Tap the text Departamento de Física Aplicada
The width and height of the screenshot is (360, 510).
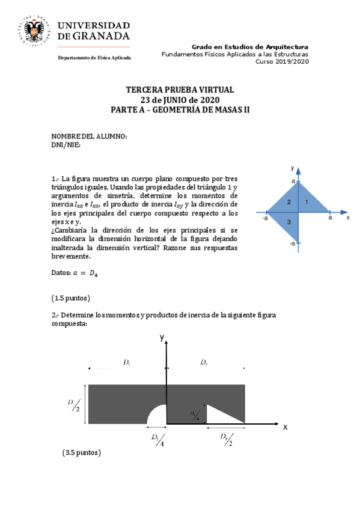(94, 58)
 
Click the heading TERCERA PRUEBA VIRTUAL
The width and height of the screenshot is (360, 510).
(180, 90)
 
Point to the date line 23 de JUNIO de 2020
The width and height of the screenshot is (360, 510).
(180, 100)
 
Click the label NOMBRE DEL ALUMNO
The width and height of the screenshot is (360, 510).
(88, 137)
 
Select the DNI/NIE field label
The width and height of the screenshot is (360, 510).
(66, 144)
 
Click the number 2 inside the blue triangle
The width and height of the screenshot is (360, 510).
(289, 202)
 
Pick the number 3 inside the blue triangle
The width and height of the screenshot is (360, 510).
(289, 223)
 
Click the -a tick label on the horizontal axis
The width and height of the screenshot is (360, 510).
(265, 218)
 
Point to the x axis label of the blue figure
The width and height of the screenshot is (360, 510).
(348, 218)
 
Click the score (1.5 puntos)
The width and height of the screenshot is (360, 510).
(72, 298)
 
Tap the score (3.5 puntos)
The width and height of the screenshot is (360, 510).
(82, 452)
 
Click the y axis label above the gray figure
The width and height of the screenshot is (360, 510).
(162, 338)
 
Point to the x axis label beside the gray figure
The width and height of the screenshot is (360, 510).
(285, 427)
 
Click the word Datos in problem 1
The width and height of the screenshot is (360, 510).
(61, 274)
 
